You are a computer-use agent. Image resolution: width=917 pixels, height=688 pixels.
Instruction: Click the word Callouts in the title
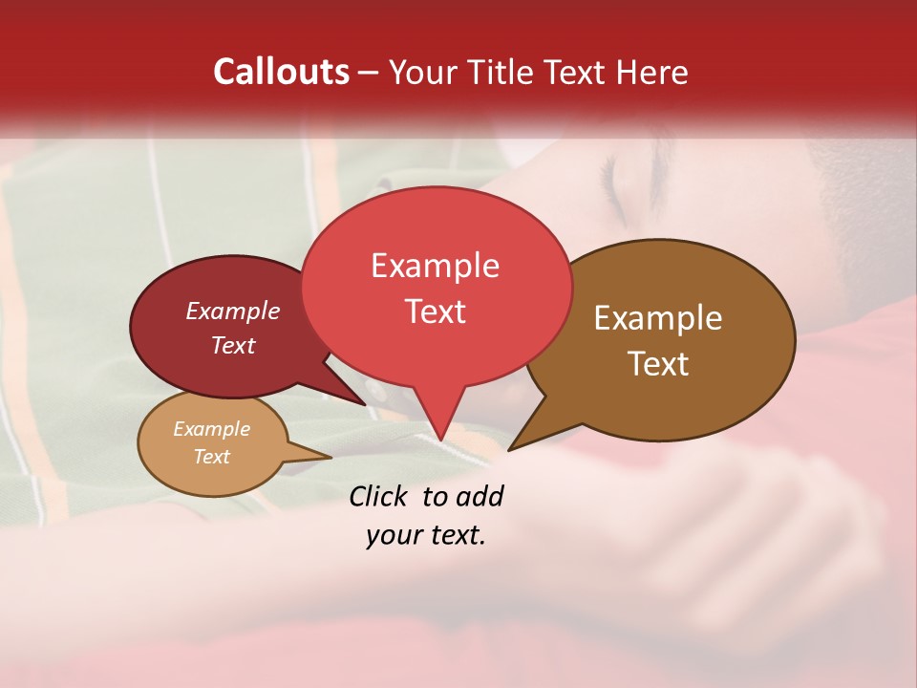pos(281,72)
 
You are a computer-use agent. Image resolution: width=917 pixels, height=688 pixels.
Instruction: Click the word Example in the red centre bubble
pos(435,266)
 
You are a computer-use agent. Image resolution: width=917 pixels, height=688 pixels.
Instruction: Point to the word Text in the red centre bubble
pos(435,312)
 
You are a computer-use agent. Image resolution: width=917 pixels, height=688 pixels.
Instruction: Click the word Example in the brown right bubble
pos(658,318)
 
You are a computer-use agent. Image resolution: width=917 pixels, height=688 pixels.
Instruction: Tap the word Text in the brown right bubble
pos(658,364)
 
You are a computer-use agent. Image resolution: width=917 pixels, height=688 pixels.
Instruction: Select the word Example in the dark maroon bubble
pos(233,312)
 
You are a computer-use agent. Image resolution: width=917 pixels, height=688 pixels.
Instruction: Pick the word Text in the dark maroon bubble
pos(233,345)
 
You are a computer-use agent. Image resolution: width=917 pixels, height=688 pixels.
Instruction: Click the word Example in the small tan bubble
pos(211,429)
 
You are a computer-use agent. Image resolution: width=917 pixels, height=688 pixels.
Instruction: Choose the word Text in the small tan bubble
pos(211,457)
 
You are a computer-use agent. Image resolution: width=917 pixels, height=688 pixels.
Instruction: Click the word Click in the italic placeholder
pos(379,496)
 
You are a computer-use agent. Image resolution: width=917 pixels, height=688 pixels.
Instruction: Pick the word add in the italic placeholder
pos(480,496)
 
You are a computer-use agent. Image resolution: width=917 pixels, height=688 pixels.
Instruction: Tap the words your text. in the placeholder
pos(425,535)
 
